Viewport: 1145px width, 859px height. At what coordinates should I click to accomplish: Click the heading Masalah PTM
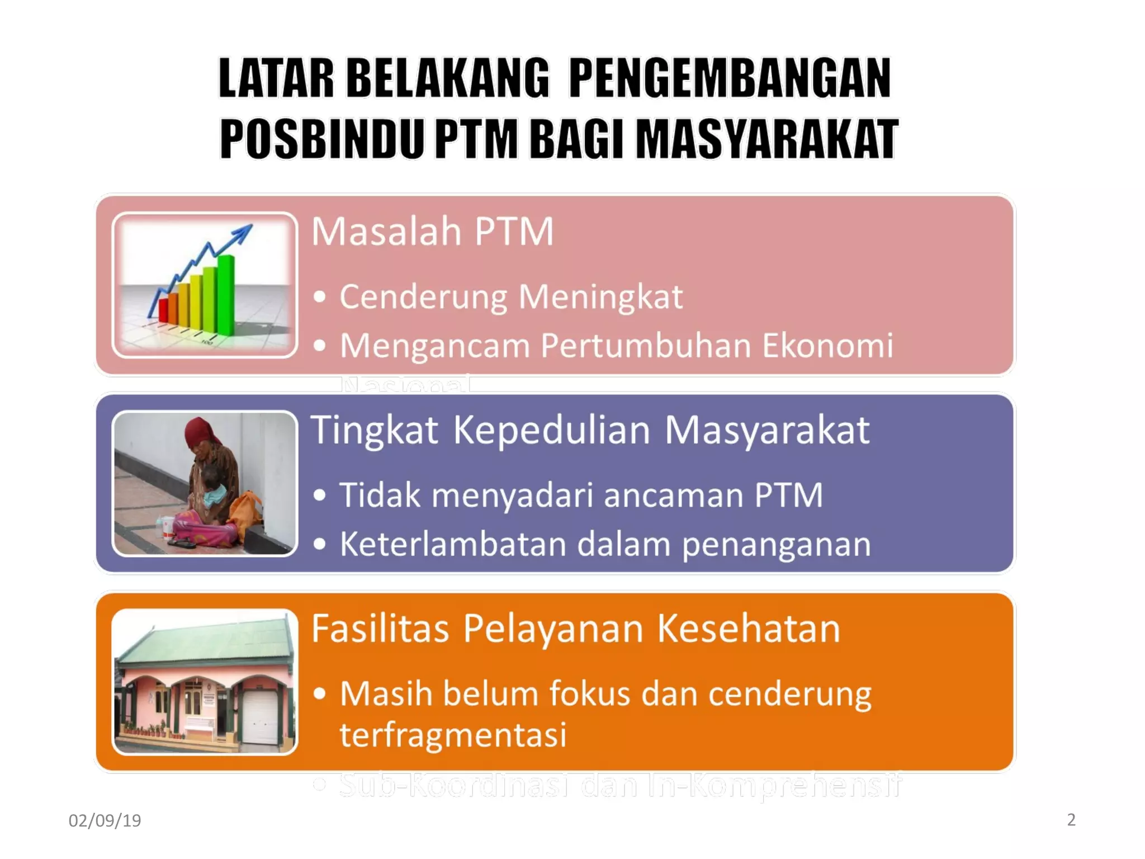point(432,232)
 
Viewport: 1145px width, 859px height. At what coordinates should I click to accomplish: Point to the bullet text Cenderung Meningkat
point(511,296)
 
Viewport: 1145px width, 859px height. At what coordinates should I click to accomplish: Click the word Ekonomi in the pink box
point(827,346)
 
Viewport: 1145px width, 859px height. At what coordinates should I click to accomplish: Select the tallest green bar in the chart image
point(226,294)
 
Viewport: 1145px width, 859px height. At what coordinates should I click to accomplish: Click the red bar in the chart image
point(163,311)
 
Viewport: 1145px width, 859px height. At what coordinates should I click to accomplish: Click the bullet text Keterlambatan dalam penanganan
point(605,544)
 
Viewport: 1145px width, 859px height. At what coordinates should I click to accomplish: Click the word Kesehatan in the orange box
point(748,629)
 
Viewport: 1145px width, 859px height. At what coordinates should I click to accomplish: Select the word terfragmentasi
point(453,735)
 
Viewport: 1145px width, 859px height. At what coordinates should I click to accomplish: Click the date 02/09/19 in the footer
point(105,820)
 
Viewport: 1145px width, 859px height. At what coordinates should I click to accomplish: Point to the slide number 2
point(1071,819)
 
